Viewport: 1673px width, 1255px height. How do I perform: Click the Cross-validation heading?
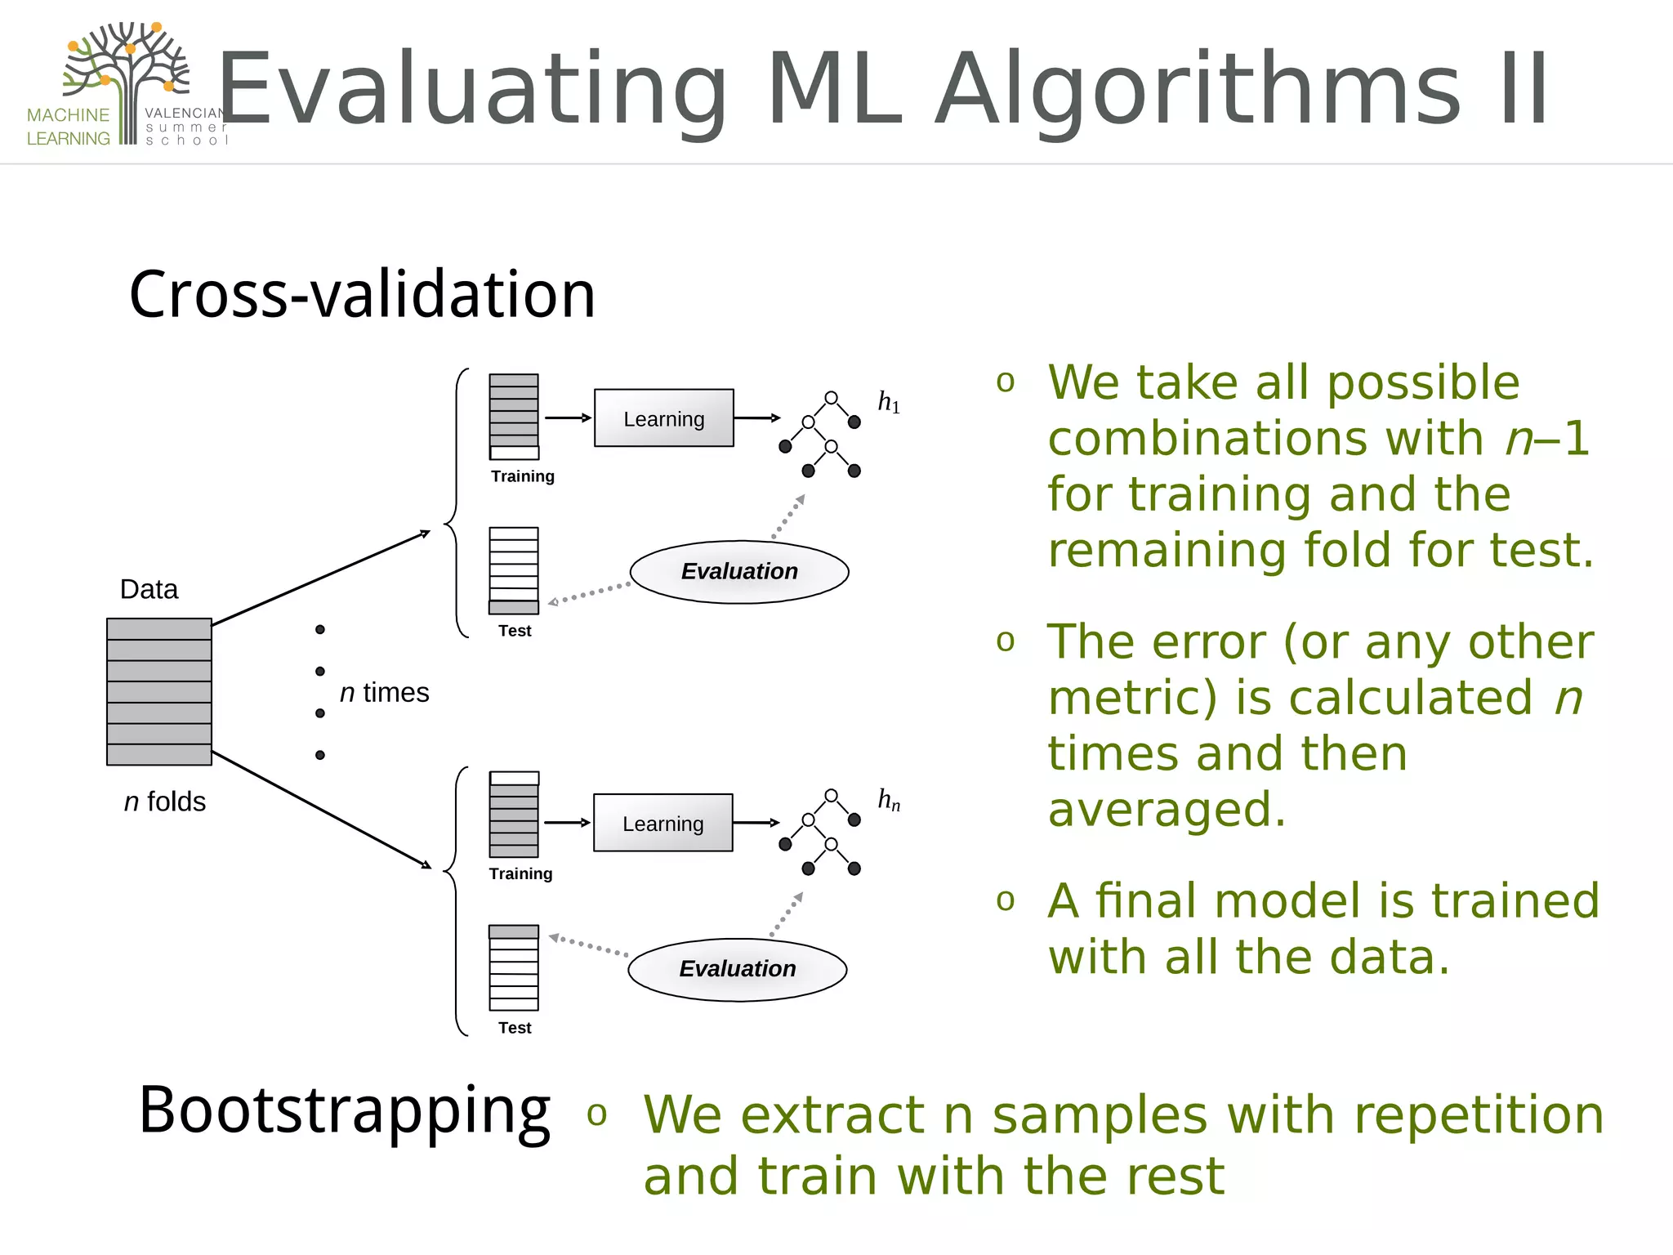coord(362,294)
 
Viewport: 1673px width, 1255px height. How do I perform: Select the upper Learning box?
coord(663,418)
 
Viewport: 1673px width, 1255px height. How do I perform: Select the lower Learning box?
coord(663,823)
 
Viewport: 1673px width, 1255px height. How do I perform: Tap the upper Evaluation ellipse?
coord(739,572)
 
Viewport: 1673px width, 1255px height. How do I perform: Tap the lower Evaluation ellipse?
coord(737,969)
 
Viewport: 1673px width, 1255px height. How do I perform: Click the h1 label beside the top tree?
coord(888,402)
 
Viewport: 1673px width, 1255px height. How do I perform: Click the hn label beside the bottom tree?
coord(888,800)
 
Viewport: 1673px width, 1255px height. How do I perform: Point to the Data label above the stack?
coord(149,589)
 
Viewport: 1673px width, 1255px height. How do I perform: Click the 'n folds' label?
coord(164,802)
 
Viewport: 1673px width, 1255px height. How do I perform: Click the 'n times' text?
coord(384,693)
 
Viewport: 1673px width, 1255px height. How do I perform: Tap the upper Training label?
coord(522,476)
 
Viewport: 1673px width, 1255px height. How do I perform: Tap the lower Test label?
coord(515,1028)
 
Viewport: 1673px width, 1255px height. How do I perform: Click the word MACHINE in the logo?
coord(68,115)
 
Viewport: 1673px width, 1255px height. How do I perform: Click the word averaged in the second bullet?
coord(1167,809)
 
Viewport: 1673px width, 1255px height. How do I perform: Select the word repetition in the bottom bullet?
coord(1479,1115)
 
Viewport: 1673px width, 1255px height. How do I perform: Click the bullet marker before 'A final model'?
coord(1006,900)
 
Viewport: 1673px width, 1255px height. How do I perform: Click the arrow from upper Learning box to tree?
coord(756,418)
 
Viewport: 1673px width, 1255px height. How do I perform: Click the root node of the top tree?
coord(831,398)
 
